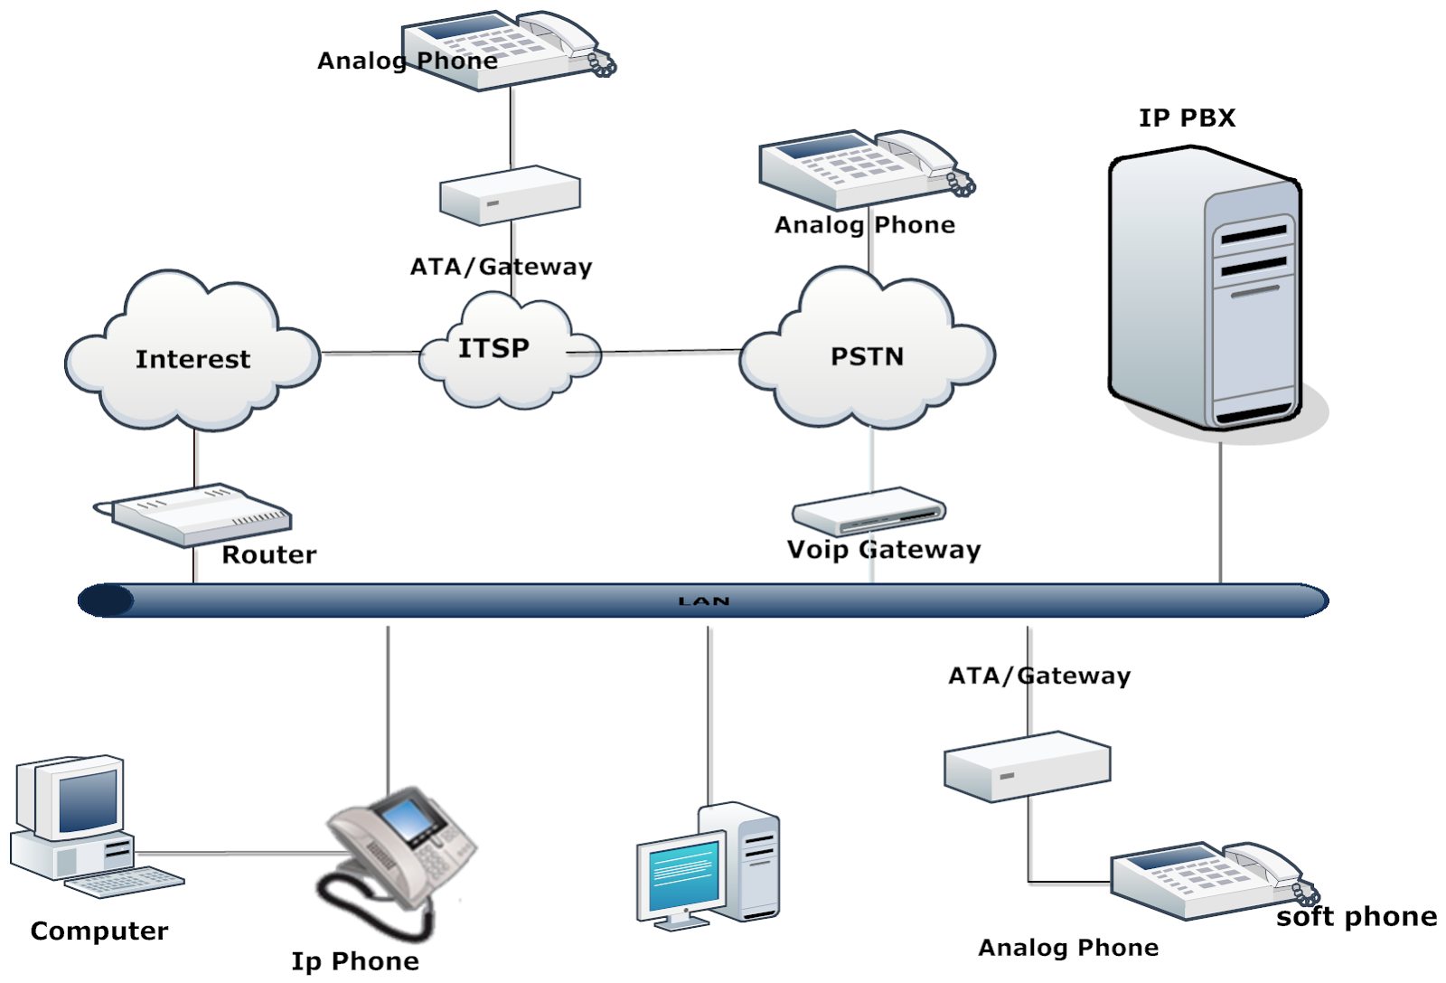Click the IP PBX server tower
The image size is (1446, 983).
point(1207,289)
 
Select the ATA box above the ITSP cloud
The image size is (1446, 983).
point(509,194)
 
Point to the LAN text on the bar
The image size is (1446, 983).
point(703,600)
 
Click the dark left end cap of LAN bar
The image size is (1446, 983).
point(106,600)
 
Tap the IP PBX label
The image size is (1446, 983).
point(1186,118)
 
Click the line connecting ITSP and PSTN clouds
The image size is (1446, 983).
point(669,351)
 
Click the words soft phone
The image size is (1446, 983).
point(1356,917)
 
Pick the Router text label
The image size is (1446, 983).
point(269,554)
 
